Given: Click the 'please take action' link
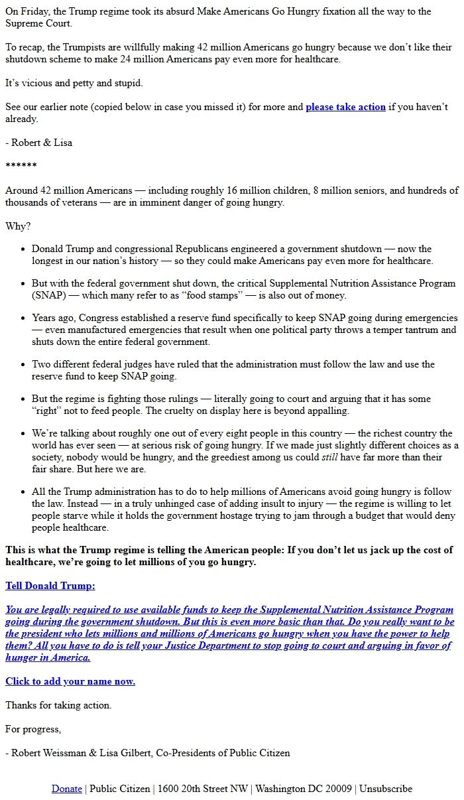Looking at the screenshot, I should pyautogui.click(x=345, y=107).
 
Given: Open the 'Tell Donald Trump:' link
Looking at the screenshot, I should pyautogui.click(x=50, y=586).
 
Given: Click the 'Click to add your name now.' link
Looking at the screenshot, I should pyautogui.click(x=70, y=681).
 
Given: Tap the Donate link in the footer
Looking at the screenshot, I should pyautogui.click(x=67, y=789).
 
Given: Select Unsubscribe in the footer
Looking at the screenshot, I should pyautogui.click(x=386, y=789).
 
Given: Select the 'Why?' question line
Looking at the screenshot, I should pyautogui.click(x=18, y=226).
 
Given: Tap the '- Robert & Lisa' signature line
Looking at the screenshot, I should pyautogui.click(x=39, y=143).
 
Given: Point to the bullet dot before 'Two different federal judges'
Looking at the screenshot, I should pyautogui.click(x=24, y=365).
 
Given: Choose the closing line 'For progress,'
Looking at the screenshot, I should pyautogui.click(x=33, y=729).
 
